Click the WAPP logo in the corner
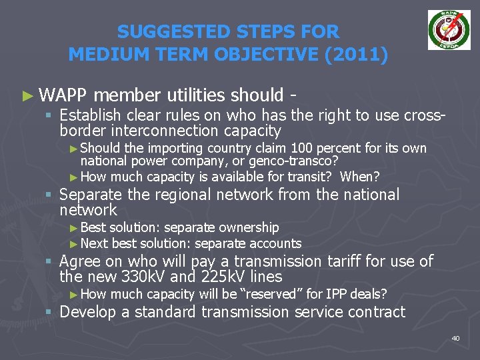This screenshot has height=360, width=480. tap(449, 30)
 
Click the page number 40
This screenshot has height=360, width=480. tap(455, 339)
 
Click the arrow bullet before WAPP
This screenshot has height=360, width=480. tap(27, 95)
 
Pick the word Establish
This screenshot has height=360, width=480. tap(89, 115)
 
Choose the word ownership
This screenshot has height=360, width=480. tap(249, 227)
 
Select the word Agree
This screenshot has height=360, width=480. tap(79, 261)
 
